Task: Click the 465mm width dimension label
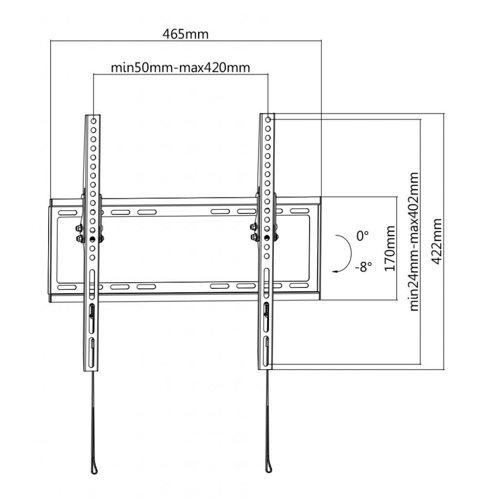[185, 34]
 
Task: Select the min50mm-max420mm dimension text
[180, 68]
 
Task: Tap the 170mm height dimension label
[390, 249]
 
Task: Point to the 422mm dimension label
[437, 241]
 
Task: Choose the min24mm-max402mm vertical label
[414, 242]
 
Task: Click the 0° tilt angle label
[362, 236]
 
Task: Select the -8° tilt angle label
[363, 267]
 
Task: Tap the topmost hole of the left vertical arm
[93, 121]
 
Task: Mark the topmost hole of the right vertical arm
[268, 120]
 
